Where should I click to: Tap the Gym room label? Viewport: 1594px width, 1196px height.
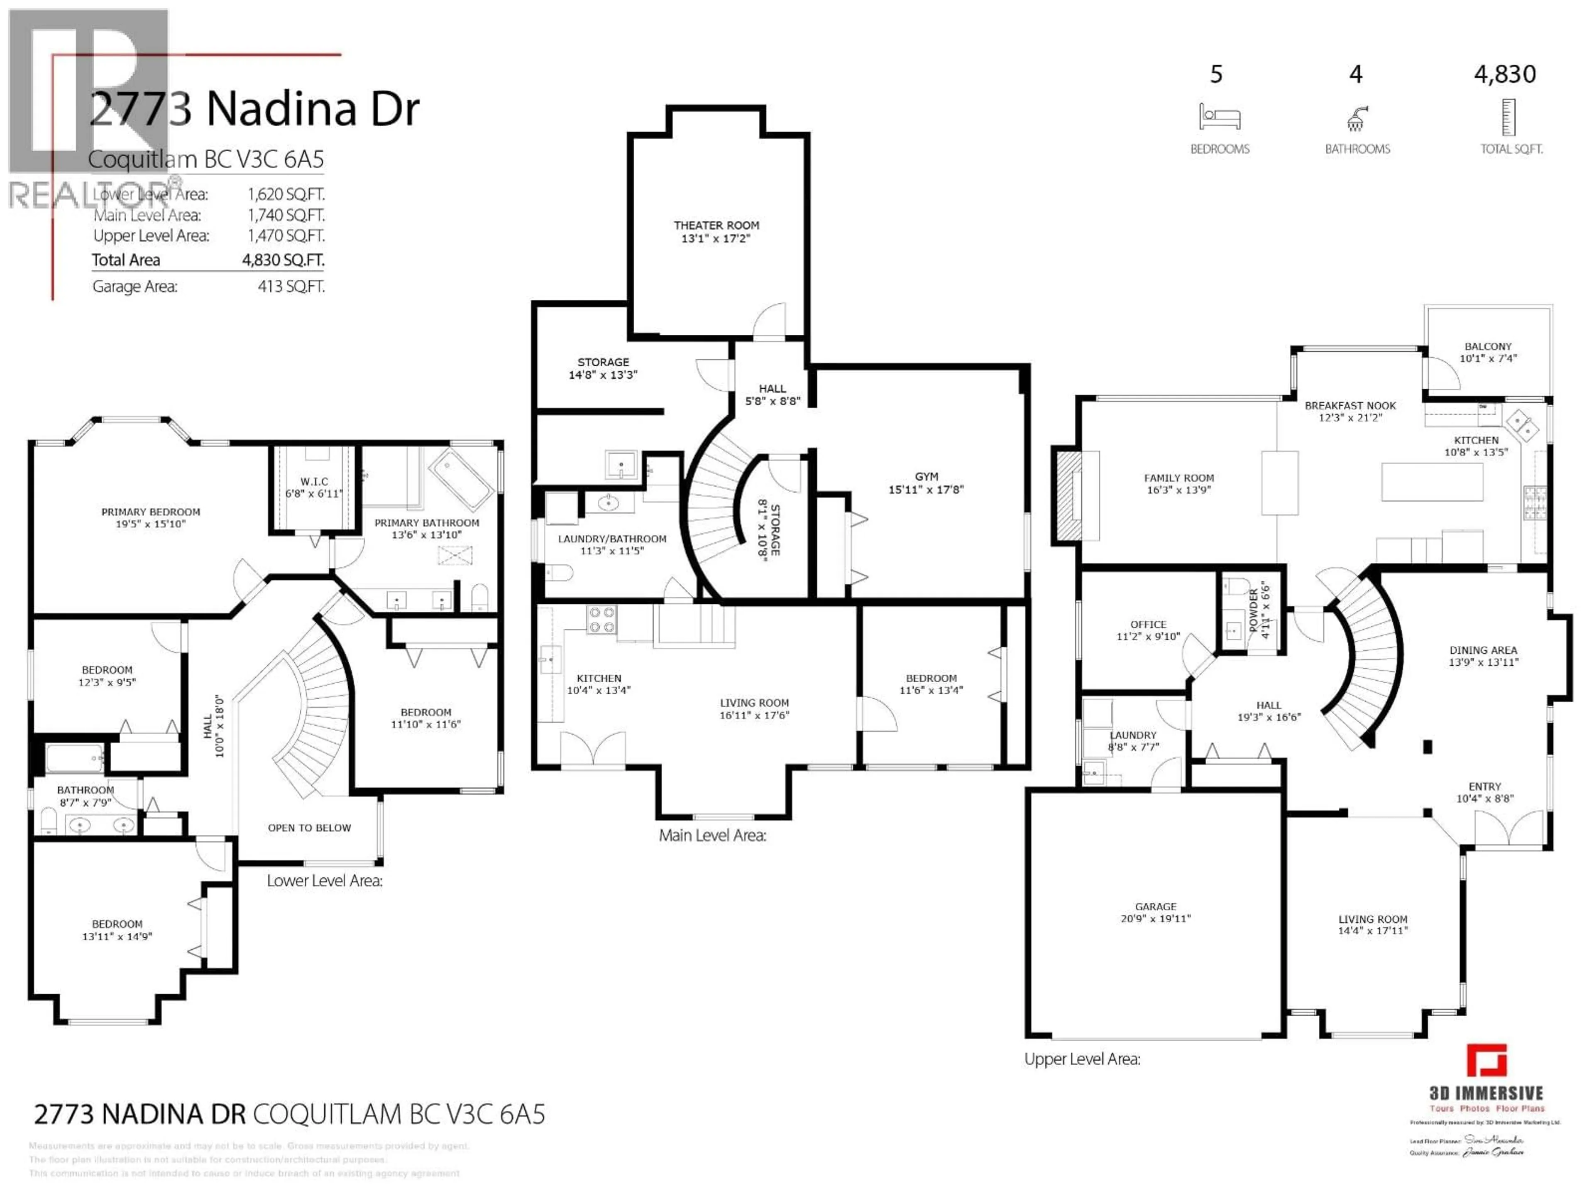pos(926,476)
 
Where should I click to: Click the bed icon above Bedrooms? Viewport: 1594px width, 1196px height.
pos(1219,117)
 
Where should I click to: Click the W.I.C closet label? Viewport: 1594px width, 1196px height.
pos(314,482)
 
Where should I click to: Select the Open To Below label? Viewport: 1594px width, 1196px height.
pos(309,828)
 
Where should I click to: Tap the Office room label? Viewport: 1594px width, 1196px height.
pos(1148,624)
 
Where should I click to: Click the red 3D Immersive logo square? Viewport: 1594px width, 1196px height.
pos(1486,1061)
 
